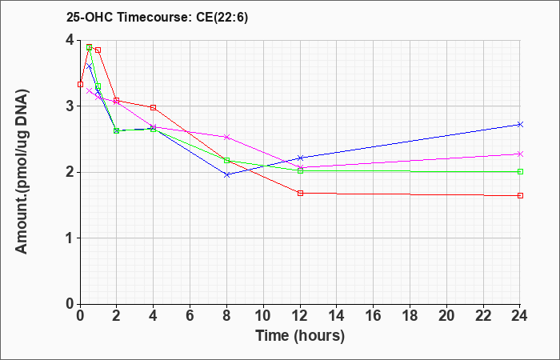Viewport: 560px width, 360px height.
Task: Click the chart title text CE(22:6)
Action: point(222,18)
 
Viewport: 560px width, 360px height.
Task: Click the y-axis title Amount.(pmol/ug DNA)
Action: point(22,172)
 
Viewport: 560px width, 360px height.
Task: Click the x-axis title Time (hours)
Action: point(300,337)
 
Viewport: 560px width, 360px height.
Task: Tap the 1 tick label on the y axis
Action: point(70,238)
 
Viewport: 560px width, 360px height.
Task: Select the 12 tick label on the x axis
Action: point(300,315)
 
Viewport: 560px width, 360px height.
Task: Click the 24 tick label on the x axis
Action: point(520,315)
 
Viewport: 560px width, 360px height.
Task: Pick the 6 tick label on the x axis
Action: point(190,315)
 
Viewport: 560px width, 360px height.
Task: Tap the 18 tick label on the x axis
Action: point(410,315)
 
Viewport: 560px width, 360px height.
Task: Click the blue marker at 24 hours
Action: point(520,124)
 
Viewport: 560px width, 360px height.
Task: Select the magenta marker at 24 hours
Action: point(520,154)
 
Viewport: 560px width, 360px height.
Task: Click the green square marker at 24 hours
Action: point(520,171)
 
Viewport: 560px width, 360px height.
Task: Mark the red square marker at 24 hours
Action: point(520,195)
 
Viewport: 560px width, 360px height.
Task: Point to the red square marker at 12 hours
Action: point(300,194)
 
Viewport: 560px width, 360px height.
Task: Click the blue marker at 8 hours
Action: point(226,174)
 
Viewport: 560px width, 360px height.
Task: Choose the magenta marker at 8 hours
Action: point(226,137)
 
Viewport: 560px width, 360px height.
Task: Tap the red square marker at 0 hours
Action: point(80,84)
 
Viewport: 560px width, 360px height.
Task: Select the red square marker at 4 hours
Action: point(154,107)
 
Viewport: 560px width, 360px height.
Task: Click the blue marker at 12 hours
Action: point(300,158)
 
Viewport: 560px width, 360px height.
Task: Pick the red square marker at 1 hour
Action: point(98,50)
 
